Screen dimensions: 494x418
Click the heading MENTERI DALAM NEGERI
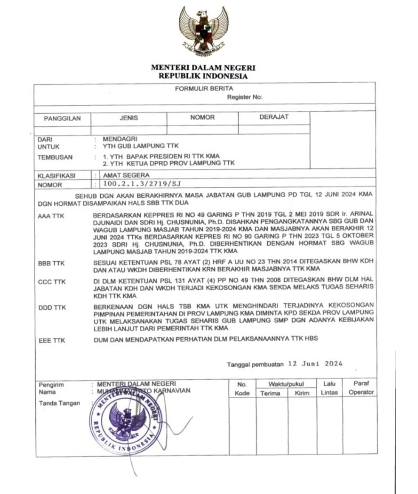point(203,68)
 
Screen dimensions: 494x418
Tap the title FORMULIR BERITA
point(204,89)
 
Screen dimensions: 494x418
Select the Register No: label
point(244,97)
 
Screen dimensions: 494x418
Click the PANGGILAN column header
point(62,118)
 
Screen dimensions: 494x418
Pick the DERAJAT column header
point(274,117)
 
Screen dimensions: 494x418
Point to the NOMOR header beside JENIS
point(202,117)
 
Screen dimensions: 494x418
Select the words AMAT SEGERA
point(126,175)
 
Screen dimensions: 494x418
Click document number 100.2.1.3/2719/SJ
point(141,184)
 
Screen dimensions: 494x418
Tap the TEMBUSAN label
point(55,157)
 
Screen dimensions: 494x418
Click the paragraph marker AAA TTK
point(51,216)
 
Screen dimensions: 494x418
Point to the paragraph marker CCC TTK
point(52,282)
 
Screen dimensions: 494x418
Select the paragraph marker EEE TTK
point(52,341)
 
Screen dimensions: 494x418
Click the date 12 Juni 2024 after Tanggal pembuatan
point(315,364)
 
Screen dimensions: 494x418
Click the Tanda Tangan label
point(59,403)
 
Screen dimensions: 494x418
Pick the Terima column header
point(270,393)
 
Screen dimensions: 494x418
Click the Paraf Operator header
point(361,388)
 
